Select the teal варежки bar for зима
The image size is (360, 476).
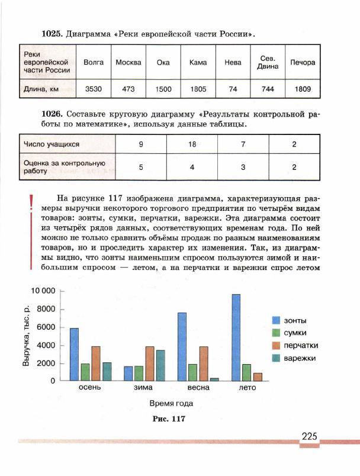pos(160,365)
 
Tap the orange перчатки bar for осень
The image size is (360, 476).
pos(96,363)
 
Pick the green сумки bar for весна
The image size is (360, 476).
pos(192,372)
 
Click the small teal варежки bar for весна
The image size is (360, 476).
pos(214,379)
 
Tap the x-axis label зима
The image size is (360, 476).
pos(143,388)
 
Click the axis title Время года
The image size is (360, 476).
pos(171,403)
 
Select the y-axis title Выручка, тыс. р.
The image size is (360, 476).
pos(27,336)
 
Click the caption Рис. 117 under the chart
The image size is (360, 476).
pos(170,419)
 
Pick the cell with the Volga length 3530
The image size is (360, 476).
pos(94,89)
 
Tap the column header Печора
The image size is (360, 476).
pos(303,62)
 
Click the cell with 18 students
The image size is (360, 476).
pos(192,144)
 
